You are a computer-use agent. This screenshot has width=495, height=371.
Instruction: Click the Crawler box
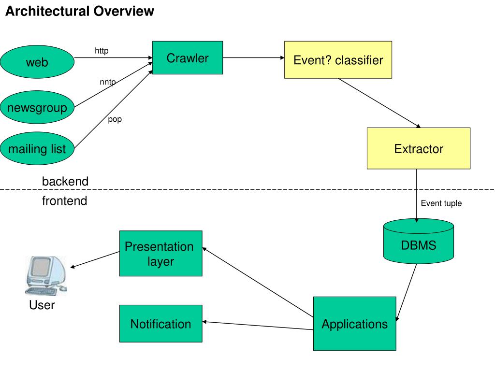tap(188, 58)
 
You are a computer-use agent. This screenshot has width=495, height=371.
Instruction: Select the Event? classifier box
tap(338, 59)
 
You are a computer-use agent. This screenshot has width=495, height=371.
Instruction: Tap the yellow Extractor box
tap(419, 148)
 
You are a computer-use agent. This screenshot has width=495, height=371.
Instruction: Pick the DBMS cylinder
tap(419, 242)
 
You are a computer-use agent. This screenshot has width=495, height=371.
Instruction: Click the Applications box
tap(354, 323)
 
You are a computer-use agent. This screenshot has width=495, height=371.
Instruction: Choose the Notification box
tap(160, 323)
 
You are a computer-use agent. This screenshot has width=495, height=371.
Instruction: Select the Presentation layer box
tap(160, 253)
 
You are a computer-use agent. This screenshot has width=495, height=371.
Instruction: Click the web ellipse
tap(37, 62)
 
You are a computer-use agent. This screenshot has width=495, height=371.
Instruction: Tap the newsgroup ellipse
tap(37, 107)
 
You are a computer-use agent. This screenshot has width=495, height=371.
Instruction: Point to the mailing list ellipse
tap(37, 148)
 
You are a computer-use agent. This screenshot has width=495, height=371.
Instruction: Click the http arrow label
tap(102, 50)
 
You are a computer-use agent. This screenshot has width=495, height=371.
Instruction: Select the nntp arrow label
tap(108, 82)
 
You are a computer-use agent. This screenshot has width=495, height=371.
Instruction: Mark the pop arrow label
tap(115, 120)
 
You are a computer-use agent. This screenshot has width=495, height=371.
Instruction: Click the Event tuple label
tap(441, 203)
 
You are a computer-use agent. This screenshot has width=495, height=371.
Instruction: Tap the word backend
tap(65, 182)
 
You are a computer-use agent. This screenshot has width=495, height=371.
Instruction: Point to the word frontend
tap(65, 200)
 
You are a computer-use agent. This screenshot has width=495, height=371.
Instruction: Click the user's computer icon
tap(46, 276)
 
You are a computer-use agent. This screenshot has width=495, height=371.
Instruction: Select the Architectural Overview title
tap(80, 11)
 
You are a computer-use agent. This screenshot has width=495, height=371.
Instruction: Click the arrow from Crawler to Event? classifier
tap(253, 58)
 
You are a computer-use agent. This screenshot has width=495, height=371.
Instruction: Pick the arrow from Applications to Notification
tap(258, 326)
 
